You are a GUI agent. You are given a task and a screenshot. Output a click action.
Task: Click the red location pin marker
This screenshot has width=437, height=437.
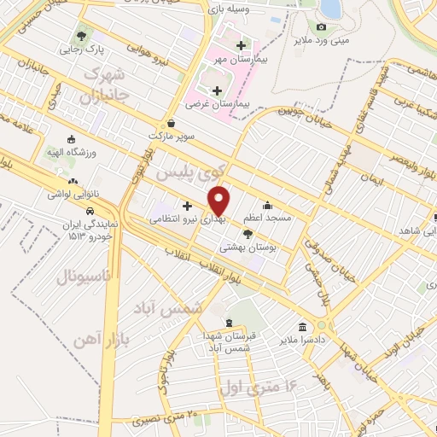[219, 201]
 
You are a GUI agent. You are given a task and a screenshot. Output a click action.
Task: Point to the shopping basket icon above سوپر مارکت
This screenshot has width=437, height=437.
[172, 123]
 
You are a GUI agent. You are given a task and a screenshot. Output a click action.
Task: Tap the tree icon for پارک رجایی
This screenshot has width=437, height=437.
[82, 36]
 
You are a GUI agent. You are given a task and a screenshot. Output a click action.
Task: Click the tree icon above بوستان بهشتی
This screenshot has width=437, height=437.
[248, 233]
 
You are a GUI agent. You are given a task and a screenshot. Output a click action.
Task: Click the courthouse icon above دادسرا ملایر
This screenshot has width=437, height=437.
[304, 327]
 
